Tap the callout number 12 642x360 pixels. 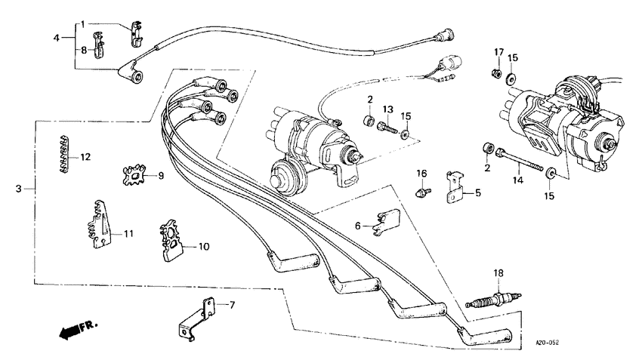coord(85,158)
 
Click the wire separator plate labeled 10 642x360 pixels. coord(173,240)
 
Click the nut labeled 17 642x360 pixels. coord(496,73)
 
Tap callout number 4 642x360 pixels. coord(57,37)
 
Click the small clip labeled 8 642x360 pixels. coord(97,49)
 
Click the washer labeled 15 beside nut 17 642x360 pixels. coord(511,77)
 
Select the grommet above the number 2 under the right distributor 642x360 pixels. coord(489,146)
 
